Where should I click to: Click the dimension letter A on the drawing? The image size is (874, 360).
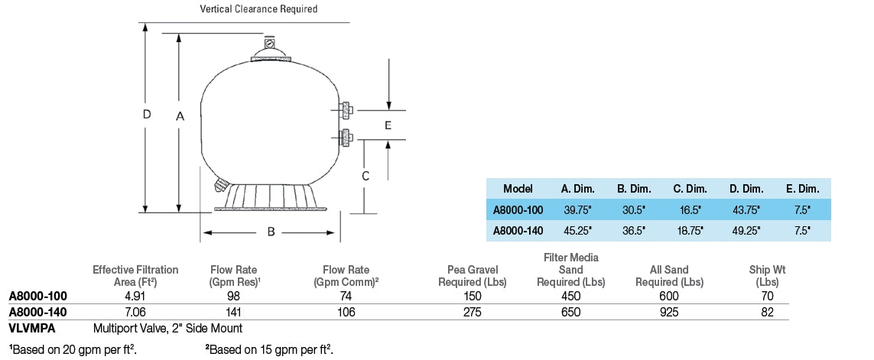tap(180, 116)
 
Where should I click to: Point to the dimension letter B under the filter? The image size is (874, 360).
tap(271, 232)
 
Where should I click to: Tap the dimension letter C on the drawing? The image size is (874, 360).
tap(366, 176)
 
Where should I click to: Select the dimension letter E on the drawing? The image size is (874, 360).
tap(388, 125)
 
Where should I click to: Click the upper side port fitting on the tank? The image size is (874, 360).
tap(346, 110)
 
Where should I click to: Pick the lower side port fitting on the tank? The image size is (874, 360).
tap(346, 138)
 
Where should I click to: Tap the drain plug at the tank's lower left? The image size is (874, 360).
tap(221, 184)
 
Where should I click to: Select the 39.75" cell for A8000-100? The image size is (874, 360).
tap(576, 209)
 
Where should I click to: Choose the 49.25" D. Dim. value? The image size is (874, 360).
tap(746, 229)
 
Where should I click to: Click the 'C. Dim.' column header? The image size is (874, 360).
tap(689, 189)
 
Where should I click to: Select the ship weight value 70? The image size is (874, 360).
tap(767, 296)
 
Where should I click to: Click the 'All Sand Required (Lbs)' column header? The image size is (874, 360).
tap(669, 276)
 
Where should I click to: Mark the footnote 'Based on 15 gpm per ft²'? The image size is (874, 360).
tap(268, 349)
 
